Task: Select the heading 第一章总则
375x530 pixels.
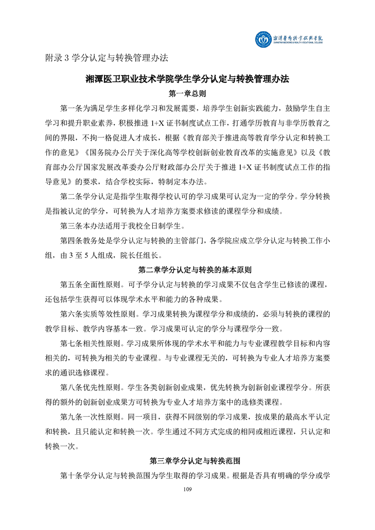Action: [x=187, y=94]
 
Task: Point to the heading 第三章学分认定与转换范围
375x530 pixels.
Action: [x=187, y=460]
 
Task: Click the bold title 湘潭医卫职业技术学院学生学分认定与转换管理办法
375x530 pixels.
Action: [x=187, y=78]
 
